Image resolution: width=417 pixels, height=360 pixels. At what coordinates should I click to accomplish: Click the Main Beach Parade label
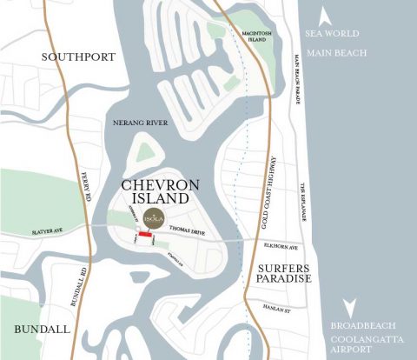295,78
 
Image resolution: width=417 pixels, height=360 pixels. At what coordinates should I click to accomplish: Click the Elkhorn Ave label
279,245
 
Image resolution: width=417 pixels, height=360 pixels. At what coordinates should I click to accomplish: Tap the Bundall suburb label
38,330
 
